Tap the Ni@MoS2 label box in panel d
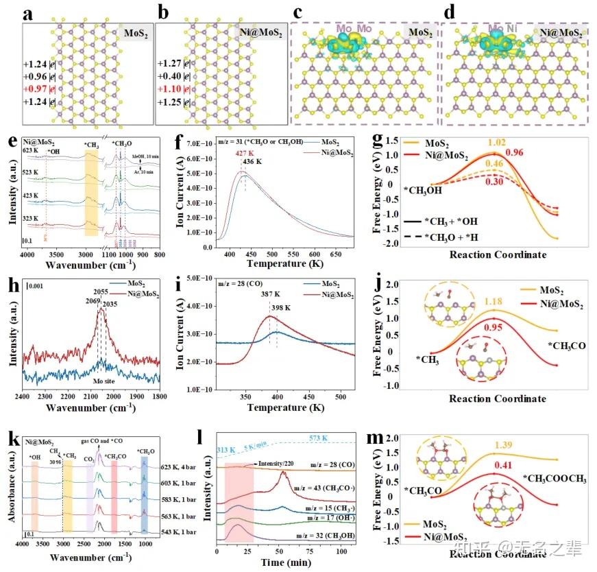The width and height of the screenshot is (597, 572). coord(561,32)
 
